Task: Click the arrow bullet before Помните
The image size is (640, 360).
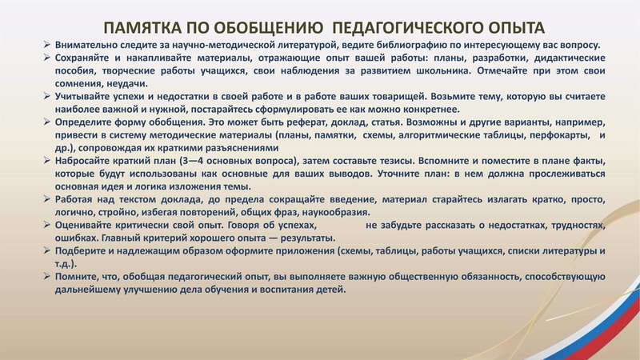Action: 47,277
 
